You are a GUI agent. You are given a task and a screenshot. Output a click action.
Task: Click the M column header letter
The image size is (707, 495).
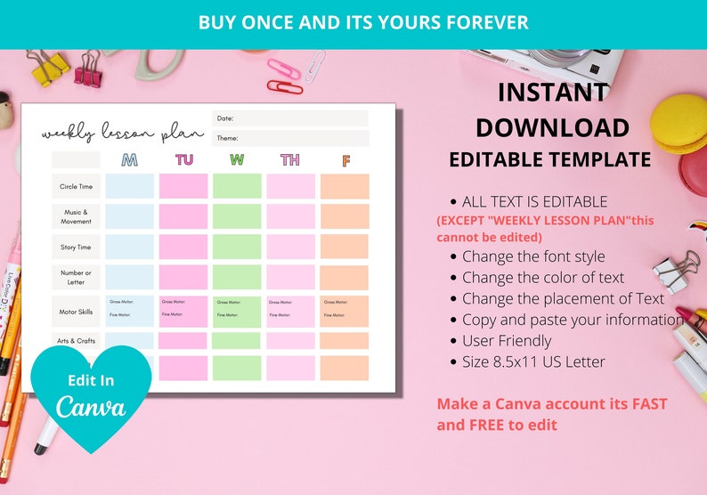coord(130,160)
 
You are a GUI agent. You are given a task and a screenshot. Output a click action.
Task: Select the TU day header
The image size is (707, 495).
coord(183,160)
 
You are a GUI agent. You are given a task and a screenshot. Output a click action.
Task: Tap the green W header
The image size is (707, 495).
coord(237,160)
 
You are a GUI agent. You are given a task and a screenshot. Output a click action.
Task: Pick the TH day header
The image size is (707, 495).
coord(290,160)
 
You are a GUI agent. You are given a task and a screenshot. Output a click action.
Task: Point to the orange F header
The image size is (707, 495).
coord(345,161)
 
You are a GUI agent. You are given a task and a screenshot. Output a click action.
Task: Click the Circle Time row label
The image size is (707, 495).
coord(76,186)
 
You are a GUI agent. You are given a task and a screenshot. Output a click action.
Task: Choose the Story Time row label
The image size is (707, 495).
coord(76,247)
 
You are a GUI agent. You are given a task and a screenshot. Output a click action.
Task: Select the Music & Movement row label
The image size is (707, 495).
coord(76,216)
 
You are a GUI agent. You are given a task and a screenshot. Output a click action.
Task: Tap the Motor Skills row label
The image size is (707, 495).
coord(76,312)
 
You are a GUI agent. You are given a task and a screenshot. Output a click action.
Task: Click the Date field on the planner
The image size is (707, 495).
coord(289,118)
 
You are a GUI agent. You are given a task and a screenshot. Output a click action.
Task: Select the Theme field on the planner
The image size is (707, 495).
coord(289,138)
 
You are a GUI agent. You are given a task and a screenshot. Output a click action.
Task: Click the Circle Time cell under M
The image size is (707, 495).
coord(130,186)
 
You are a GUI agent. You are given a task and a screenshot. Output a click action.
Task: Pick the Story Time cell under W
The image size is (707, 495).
coord(237,247)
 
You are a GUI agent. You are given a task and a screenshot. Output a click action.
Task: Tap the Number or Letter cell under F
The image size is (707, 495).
coord(345,277)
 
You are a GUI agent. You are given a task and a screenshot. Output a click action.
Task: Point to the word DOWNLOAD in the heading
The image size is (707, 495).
coord(552,127)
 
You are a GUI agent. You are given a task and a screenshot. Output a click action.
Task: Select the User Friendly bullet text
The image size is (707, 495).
coord(507,340)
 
